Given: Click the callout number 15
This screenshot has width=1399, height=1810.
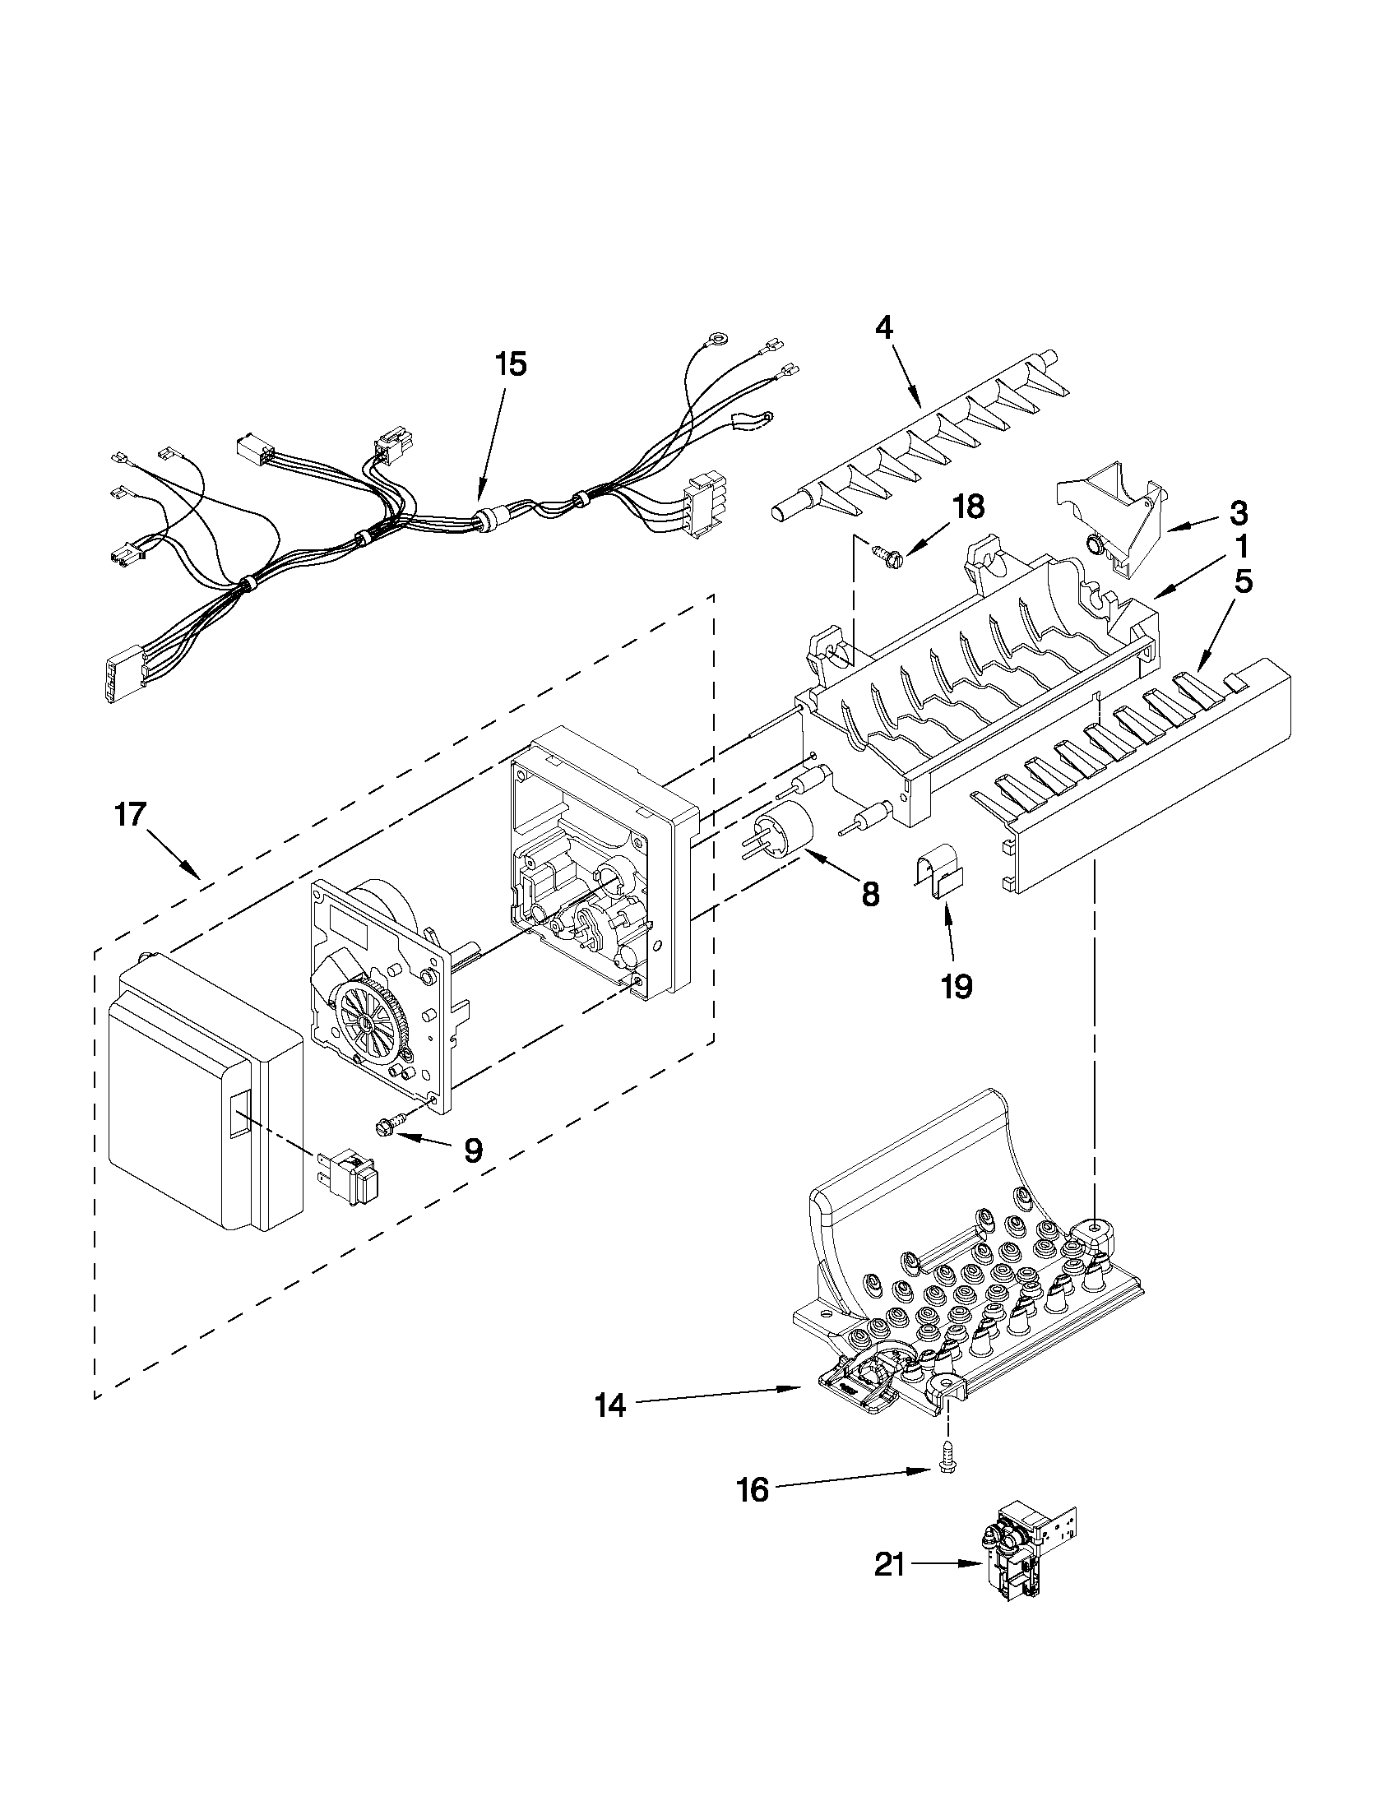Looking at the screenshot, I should pyautogui.click(x=511, y=363).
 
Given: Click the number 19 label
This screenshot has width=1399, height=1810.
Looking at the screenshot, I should pyautogui.click(x=957, y=986).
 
